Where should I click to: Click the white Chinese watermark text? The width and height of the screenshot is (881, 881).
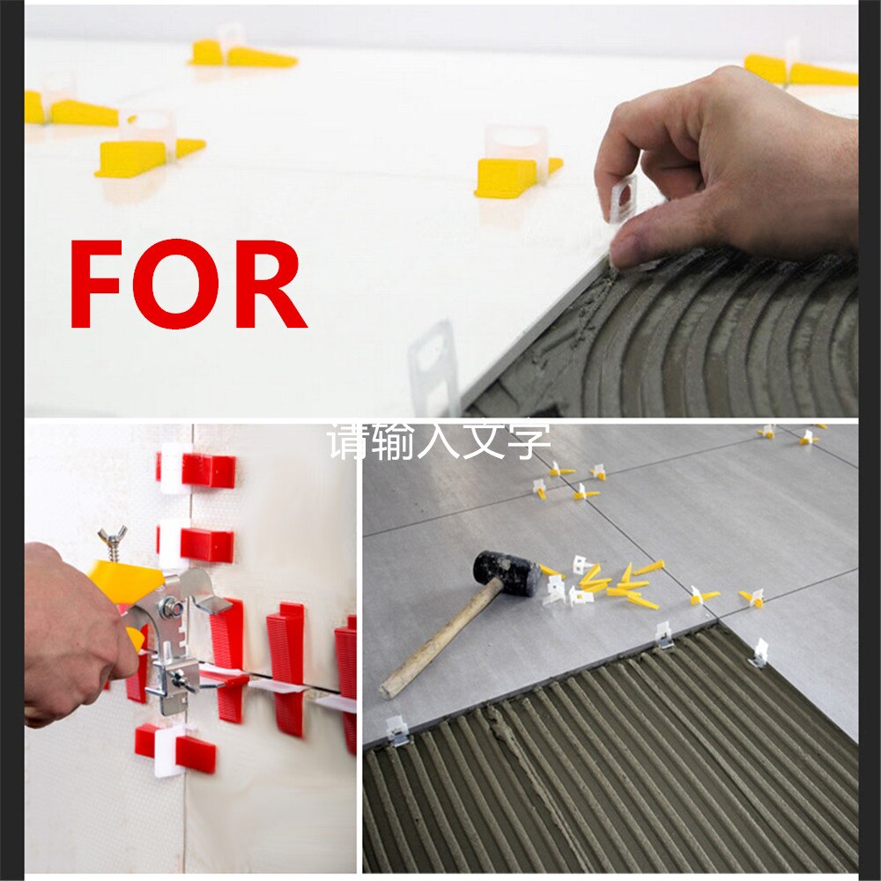[439, 440]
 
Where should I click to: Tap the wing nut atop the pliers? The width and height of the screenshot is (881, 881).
[113, 538]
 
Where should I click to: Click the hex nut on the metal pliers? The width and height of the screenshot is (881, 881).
[173, 608]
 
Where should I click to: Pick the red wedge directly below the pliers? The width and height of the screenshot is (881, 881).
[176, 749]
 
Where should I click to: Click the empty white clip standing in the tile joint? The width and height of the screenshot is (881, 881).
[433, 366]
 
